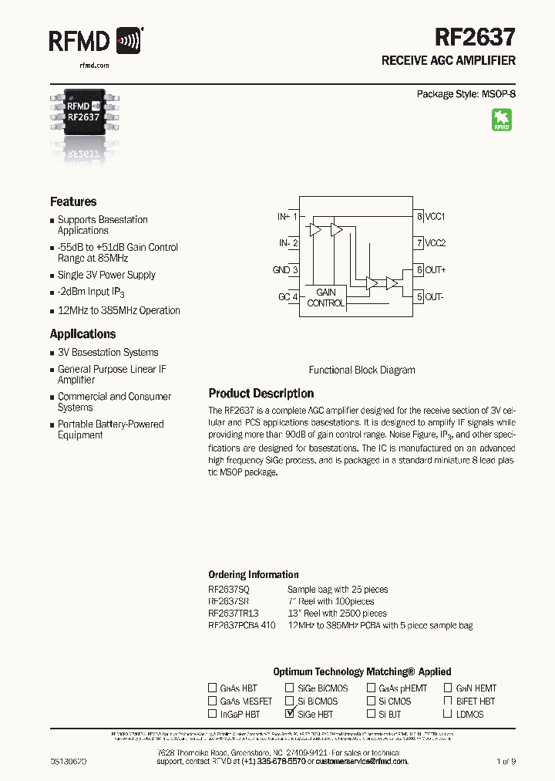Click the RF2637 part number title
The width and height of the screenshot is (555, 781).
pyautogui.click(x=475, y=36)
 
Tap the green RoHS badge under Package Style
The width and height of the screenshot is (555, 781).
pyautogui.click(x=502, y=120)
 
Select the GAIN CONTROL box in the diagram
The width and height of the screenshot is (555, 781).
pyautogui.click(x=326, y=298)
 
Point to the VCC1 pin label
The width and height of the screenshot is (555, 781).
pyautogui.click(x=436, y=217)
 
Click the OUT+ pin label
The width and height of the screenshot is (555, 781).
pyautogui.click(x=436, y=270)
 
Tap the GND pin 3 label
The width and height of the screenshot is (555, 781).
pyautogui.click(x=284, y=270)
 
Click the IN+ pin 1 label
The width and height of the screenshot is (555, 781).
pyautogui.click(x=287, y=217)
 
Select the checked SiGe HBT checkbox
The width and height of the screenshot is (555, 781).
pyautogui.click(x=290, y=714)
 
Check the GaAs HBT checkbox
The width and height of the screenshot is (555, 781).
pyautogui.click(x=213, y=688)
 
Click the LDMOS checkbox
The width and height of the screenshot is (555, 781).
pyautogui.click(x=448, y=714)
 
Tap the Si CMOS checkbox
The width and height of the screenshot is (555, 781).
pyautogui.click(x=371, y=701)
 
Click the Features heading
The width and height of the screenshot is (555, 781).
pyautogui.click(x=73, y=201)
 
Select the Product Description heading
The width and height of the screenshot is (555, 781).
pyautogui.click(x=261, y=394)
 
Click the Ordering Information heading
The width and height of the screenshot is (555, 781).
pyautogui.click(x=254, y=575)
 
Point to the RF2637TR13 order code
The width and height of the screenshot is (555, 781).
pyautogui.click(x=234, y=614)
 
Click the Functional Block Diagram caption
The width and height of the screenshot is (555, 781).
pyautogui.click(x=362, y=370)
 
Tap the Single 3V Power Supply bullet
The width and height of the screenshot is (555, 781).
pyautogui.click(x=106, y=275)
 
